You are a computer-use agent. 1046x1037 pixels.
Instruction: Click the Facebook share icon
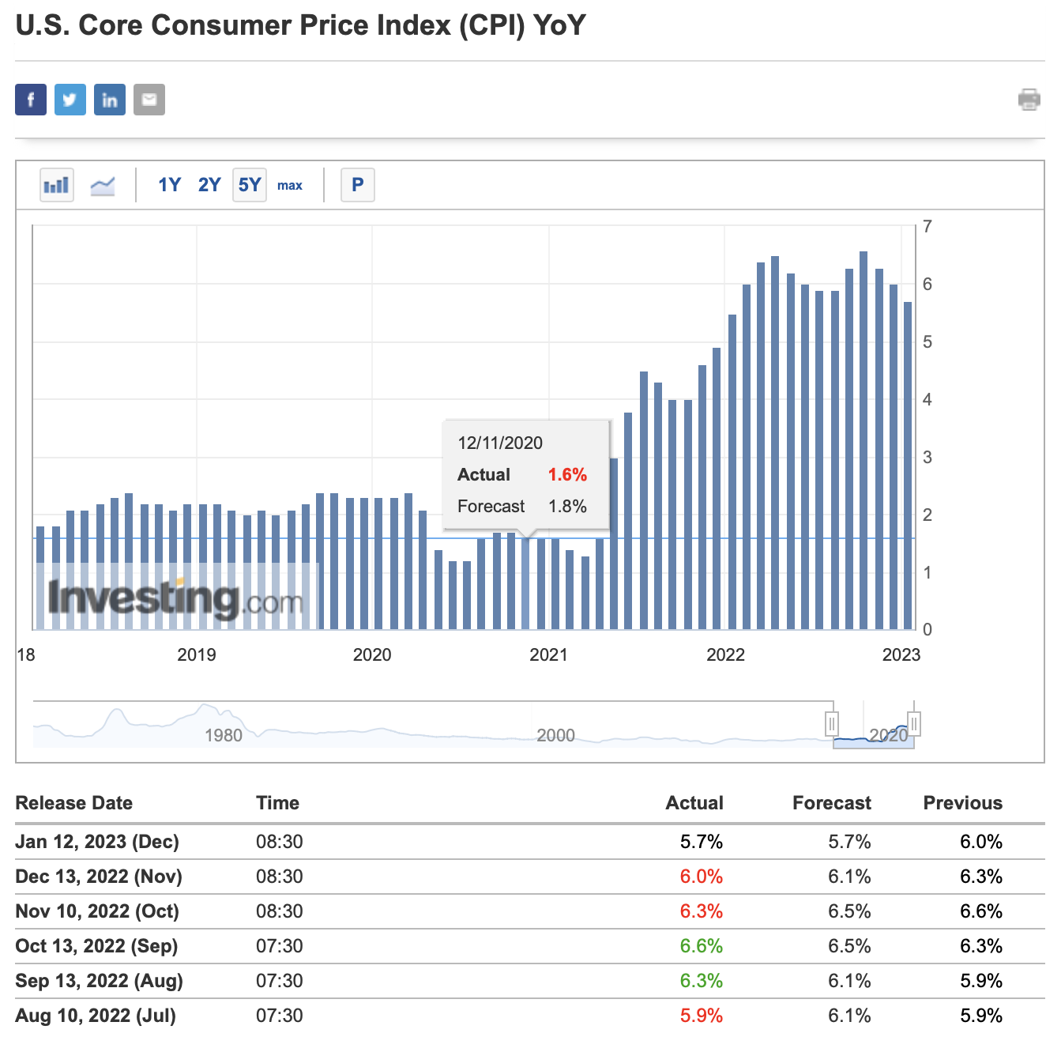[x=31, y=100]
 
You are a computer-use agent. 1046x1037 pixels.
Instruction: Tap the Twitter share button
[x=70, y=100]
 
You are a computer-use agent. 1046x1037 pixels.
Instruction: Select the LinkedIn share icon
[x=110, y=100]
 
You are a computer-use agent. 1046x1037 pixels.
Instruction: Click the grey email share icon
[x=149, y=100]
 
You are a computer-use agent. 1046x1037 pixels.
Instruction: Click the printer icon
[x=1029, y=100]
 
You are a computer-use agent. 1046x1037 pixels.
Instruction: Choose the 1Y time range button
[x=169, y=185]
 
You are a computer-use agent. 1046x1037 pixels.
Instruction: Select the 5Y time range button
[x=250, y=185]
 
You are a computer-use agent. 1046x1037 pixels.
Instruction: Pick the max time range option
[x=290, y=185]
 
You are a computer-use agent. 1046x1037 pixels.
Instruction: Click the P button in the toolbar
[x=358, y=185]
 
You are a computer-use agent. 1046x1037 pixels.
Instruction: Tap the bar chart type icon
[x=57, y=185]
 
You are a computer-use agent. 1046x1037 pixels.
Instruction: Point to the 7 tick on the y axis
[x=927, y=227]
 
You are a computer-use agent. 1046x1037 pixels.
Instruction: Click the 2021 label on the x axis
[x=548, y=654]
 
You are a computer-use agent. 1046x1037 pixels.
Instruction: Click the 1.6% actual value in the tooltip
[x=567, y=474]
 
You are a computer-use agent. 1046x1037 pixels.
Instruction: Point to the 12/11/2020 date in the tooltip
[x=500, y=443]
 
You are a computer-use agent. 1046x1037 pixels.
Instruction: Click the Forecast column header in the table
[x=831, y=803]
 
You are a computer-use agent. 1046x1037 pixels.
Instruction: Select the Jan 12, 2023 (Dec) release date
[x=97, y=842]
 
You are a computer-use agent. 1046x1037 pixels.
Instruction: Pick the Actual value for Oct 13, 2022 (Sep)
[x=701, y=946]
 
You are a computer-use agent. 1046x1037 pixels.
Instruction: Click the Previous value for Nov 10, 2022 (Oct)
[x=980, y=911]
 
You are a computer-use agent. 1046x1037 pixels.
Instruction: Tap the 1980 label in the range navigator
[x=224, y=735]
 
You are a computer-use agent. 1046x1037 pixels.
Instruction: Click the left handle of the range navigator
[x=832, y=723]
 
